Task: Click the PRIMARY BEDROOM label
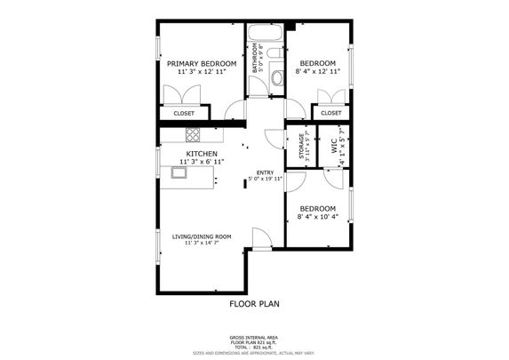(202, 64)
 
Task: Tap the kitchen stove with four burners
(193, 134)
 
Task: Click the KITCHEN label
(201, 154)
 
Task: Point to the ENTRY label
(265, 172)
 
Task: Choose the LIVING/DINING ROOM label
(202, 236)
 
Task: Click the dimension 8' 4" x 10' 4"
(317, 217)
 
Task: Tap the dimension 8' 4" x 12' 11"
(317, 72)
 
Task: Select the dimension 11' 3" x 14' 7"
(202, 244)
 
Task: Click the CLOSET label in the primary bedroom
(184, 114)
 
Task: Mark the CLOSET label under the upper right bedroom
(330, 114)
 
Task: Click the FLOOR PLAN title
(254, 303)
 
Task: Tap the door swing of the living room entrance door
(260, 236)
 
